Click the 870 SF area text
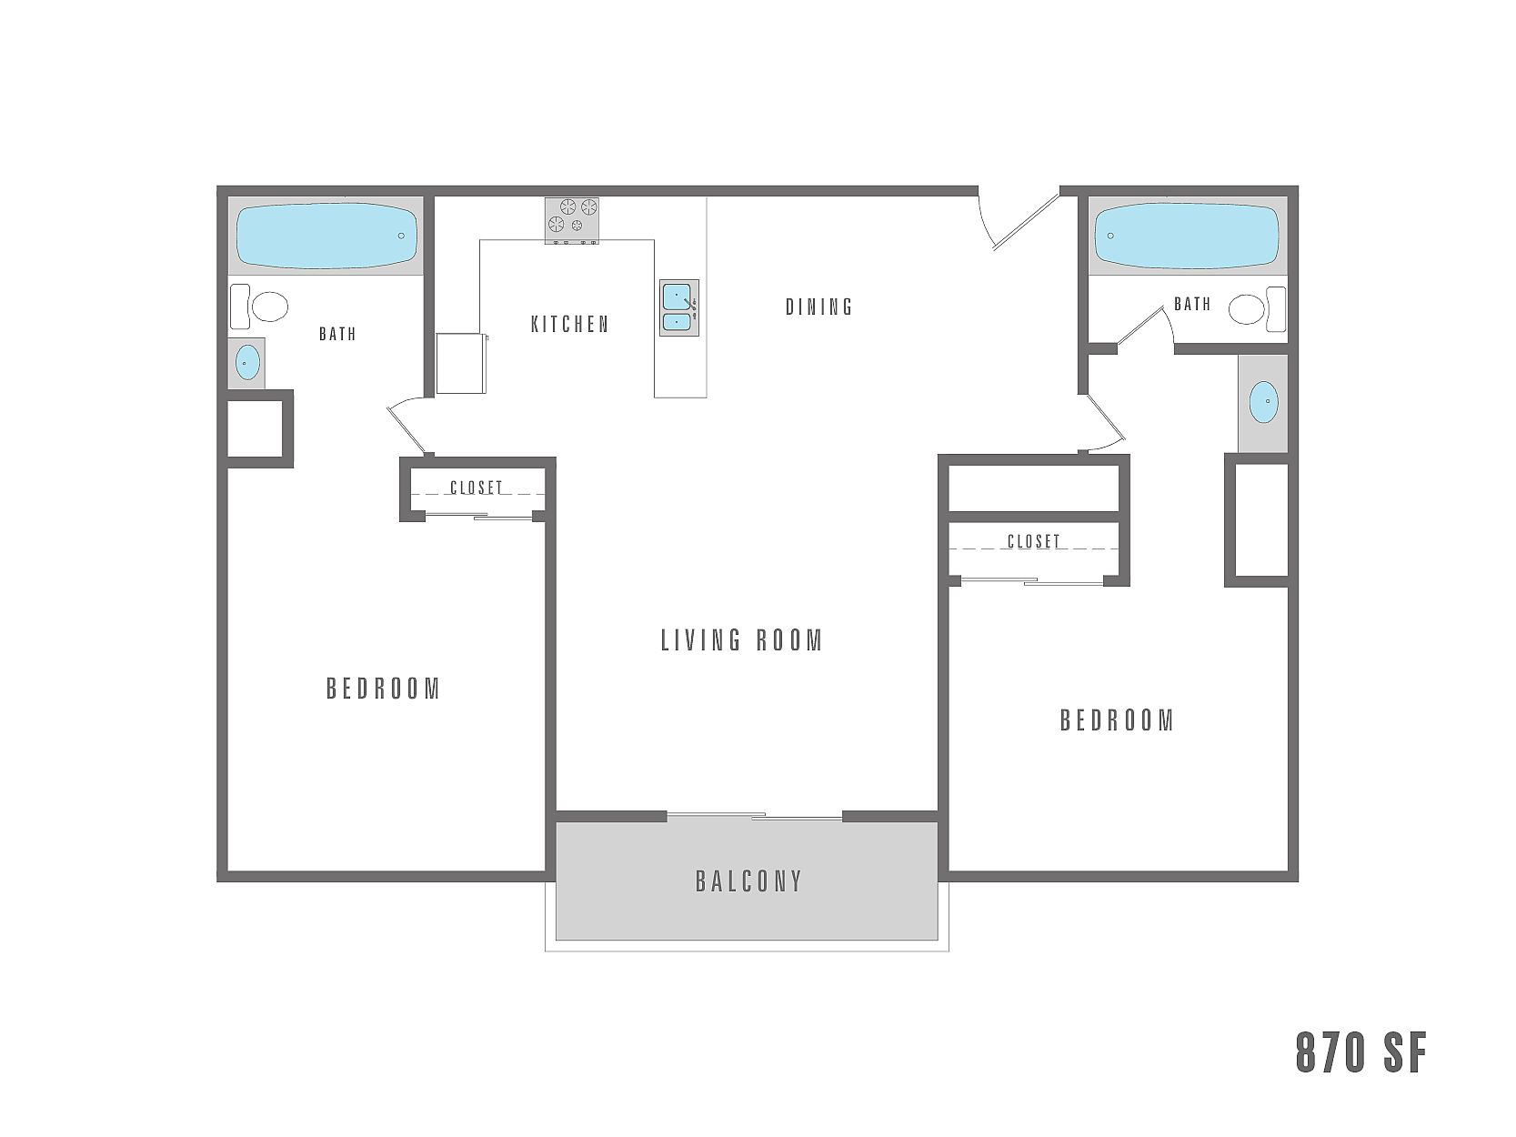pyautogui.click(x=1361, y=1052)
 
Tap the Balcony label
pyautogui.click(x=749, y=881)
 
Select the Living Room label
pyautogui.click(x=742, y=640)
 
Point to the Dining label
pyautogui.click(x=819, y=307)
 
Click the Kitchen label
pyautogui.click(x=570, y=324)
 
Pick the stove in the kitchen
pyautogui.click(x=572, y=220)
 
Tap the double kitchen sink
pyautogui.click(x=678, y=307)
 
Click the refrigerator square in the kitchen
pyautogui.click(x=461, y=363)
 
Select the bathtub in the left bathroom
pyautogui.click(x=326, y=236)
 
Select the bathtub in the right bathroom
pyautogui.click(x=1187, y=236)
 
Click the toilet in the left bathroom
pyautogui.click(x=260, y=307)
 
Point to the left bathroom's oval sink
pyautogui.click(x=247, y=364)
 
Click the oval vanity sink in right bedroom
pyautogui.click(x=1263, y=402)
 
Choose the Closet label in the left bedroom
pyautogui.click(x=477, y=488)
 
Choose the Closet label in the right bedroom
pyautogui.click(x=1034, y=541)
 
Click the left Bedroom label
pyautogui.click(x=383, y=689)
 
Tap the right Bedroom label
pyautogui.click(x=1117, y=720)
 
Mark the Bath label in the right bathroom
pyautogui.click(x=1192, y=304)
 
